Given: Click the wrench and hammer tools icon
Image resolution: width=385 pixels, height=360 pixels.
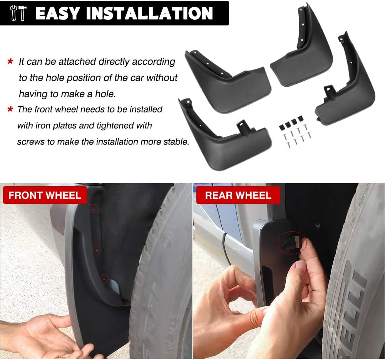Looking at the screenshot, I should (18, 13).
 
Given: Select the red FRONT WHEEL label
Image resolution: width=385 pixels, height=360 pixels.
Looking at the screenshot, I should (45, 195).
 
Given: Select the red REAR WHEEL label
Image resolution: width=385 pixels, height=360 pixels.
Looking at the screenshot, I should (238, 195).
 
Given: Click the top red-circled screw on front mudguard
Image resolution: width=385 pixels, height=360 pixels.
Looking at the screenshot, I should (94, 209).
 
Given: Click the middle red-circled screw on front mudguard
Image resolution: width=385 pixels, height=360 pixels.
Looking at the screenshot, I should (96, 250).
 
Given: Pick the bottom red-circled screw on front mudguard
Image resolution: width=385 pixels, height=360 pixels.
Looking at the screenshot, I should (103, 278).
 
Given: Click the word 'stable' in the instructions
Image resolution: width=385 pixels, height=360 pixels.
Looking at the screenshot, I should (176, 141).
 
